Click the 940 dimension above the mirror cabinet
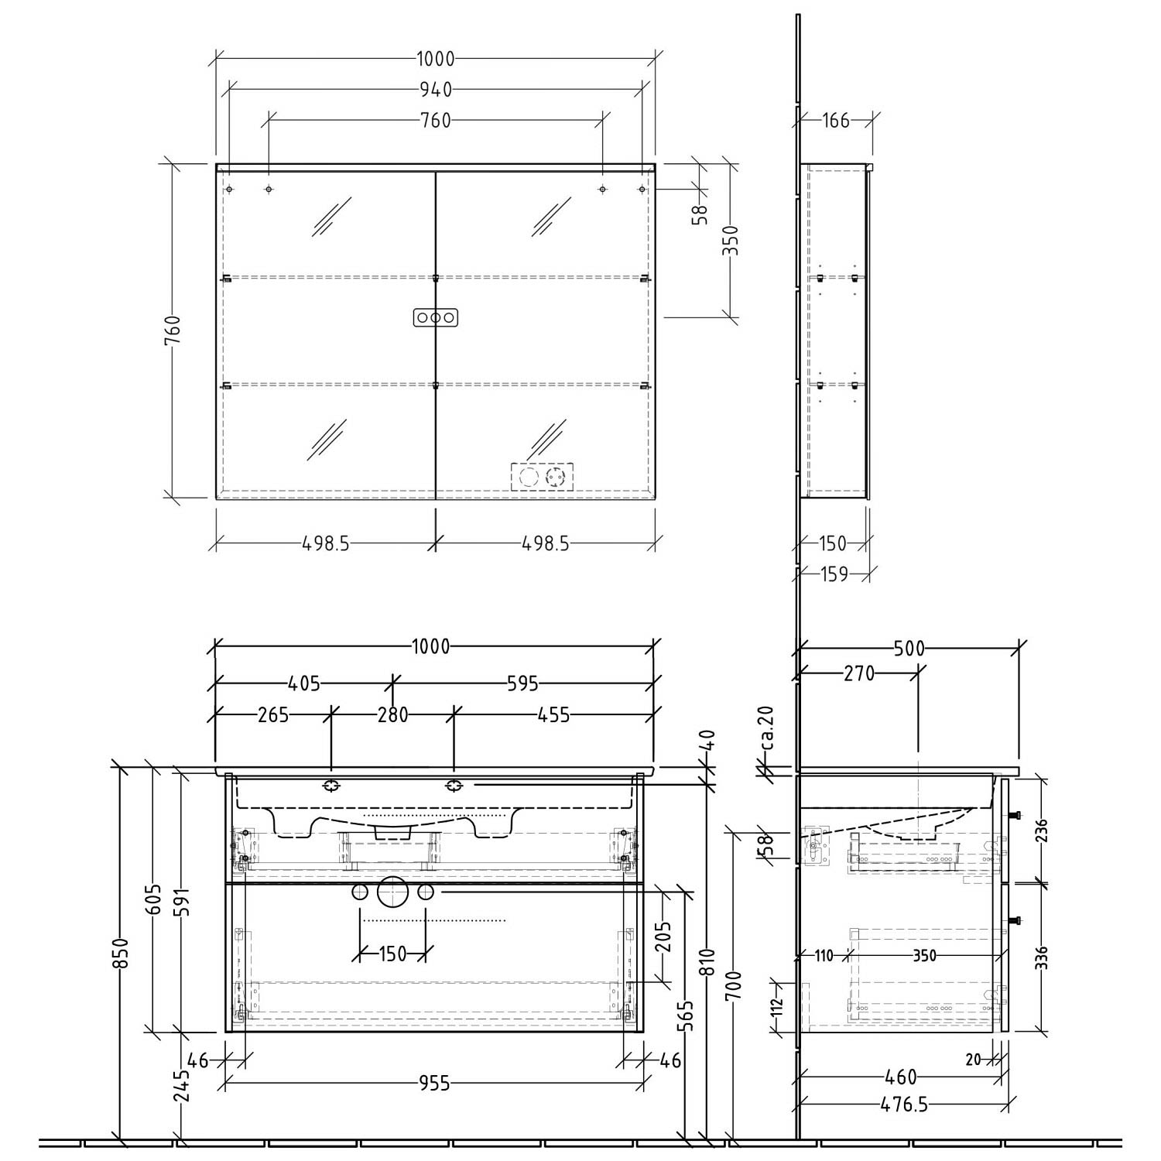[x=436, y=90]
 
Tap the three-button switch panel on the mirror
[x=436, y=317]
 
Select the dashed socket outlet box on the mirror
[x=542, y=475]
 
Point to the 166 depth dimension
[x=836, y=120]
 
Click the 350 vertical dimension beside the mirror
[x=734, y=240]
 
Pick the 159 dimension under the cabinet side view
[x=833, y=574]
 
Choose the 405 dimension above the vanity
[x=303, y=683]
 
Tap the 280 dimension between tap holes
[x=392, y=714]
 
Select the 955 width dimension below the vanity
[x=434, y=1084]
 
